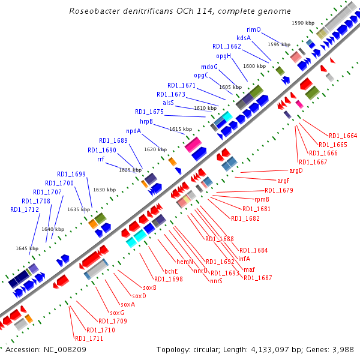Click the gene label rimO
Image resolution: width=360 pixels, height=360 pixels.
(253, 29)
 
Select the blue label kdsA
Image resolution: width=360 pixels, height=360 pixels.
(244, 38)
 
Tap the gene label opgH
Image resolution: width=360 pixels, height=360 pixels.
(224, 56)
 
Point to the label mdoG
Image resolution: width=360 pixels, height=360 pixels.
(209, 67)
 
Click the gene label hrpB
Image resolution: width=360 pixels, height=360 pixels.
(146, 121)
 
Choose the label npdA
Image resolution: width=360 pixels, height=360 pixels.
(133, 131)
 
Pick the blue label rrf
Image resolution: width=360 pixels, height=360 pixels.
(104, 160)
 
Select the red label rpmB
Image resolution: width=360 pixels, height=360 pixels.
(262, 199)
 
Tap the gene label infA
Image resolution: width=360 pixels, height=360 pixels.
(244, 259)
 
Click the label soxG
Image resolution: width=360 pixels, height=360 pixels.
(116, 313)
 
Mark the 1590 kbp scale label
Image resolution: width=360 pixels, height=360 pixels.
(303, 23)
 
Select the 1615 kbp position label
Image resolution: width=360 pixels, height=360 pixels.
(181, 129)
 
